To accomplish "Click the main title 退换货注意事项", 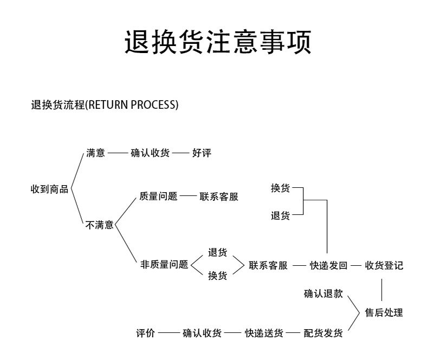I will point(218,43).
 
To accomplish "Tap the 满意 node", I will point(95,153).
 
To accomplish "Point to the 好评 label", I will point(202,153).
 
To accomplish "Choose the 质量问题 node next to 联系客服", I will point(158,197).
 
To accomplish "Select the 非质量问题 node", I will point(164,265).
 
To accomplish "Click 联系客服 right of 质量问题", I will point(219,197).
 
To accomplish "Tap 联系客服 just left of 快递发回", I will point(268,266).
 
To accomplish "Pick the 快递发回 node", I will point(328,266).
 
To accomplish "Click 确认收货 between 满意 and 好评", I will point(150,153).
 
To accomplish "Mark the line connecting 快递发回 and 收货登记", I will point(355,266).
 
